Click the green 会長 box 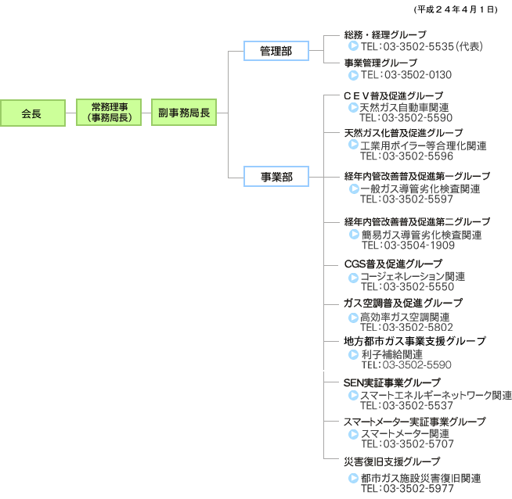click(x=33, y=113)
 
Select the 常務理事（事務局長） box click(x=109, y=112)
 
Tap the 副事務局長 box click(x=184, y=112)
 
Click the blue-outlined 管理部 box click(x=276, y=51)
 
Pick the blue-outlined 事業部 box click(x=276, y=177)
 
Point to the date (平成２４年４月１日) click(x=456, y=10)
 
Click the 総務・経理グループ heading click(x=385, y=34)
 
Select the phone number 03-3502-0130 click(x=418, y=75)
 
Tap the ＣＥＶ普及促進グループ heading click(x=394, y=96)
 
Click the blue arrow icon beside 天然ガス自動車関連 click(x=353, y=107)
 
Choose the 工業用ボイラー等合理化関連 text click(x=424, y=145)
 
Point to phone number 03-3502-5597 click(x=417, y=199)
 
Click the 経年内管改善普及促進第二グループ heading click(x=417, y=222)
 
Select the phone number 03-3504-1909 click(x=420, y=246)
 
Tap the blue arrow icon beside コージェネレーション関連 click(x=353, y=278)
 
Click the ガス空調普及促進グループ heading click(x=403, y=303)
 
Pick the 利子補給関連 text click(x=392, y=354)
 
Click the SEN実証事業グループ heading click(x=392, y=382)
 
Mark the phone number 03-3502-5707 click(x=419, y=444)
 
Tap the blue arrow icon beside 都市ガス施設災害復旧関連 click(x=353, y=478)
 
